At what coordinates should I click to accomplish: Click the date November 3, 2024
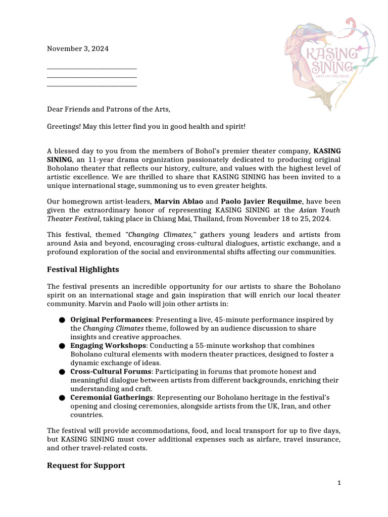click(77, 49)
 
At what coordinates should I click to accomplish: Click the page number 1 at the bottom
click(339, 483)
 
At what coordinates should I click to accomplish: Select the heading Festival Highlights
click(83, 269)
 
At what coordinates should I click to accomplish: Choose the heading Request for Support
click(86, 465)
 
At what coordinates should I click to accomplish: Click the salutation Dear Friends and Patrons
click(109, 109)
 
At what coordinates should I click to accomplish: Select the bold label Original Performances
click(111, 320)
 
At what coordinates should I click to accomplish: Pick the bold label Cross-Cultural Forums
click(111, 371)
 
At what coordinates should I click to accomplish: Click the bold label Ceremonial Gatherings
click(111, 397)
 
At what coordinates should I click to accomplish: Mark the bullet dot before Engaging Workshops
click(62, 346)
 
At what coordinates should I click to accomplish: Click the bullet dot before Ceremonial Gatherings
click(62, 398)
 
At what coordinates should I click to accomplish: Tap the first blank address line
click(92, 68)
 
